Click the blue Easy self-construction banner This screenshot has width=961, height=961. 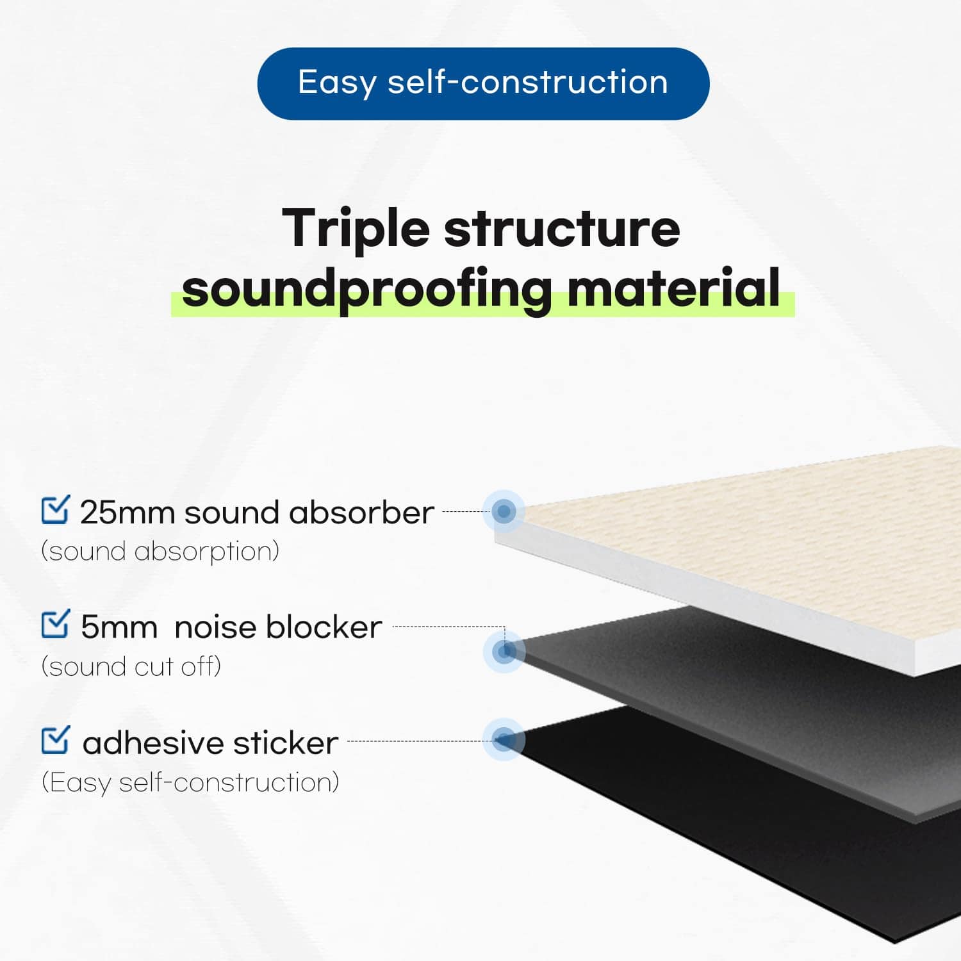(x=483, y=83)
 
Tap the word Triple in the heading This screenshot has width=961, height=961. (x=356, y=229)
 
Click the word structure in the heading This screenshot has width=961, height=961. (x=562, y=229)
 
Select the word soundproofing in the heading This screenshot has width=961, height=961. (x=366, y=290)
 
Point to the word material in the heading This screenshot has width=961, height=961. (x=673, y=288)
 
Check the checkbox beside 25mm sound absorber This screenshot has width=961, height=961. (x=55, y=510)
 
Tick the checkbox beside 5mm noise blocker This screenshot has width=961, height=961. (x=55, y=625)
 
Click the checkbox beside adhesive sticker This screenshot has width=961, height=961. (x=55, y=740)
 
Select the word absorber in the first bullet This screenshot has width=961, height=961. (x=361, y=513)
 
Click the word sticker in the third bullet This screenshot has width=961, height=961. (x=285, y=743)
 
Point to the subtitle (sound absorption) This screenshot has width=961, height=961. (x=160, y=552)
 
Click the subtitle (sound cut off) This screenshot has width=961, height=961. (x=131, y=667)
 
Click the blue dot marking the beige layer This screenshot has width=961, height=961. (x=504, y=511)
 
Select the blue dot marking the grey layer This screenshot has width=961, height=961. (x=505, y=651)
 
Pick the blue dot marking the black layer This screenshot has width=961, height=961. (x=504, y=740)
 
